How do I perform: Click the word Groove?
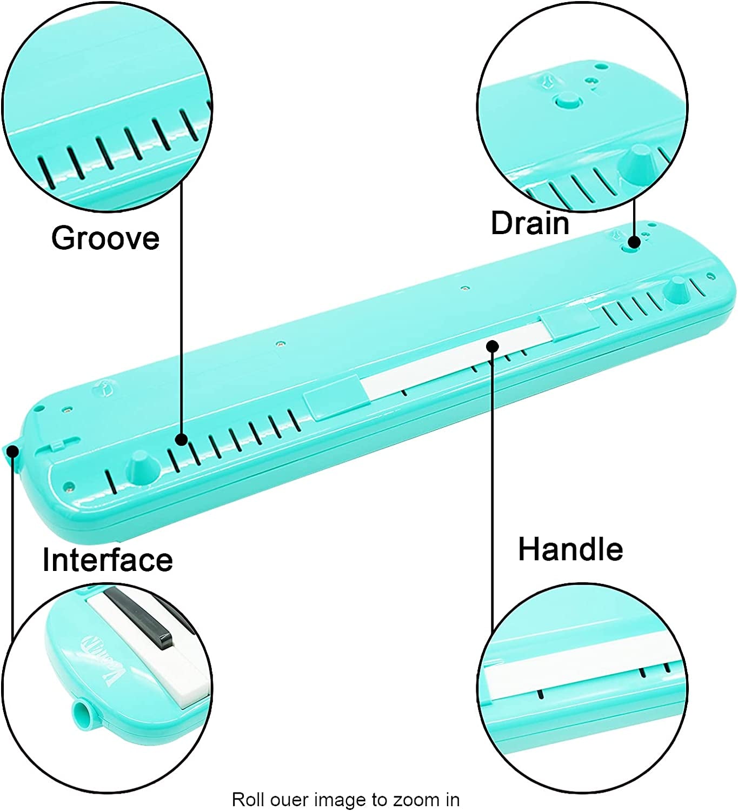coord(105,238)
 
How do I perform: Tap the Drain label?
coord(530,223)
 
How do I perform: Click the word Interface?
coord(108,560)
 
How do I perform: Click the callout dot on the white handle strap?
coord(493,345)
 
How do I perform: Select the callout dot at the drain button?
coord(635,242)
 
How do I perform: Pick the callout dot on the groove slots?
coord(182,440)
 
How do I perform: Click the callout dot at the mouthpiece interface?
coord(13,450)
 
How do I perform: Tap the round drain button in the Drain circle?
coord(567,100)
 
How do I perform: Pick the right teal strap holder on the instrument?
coord(570,323)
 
